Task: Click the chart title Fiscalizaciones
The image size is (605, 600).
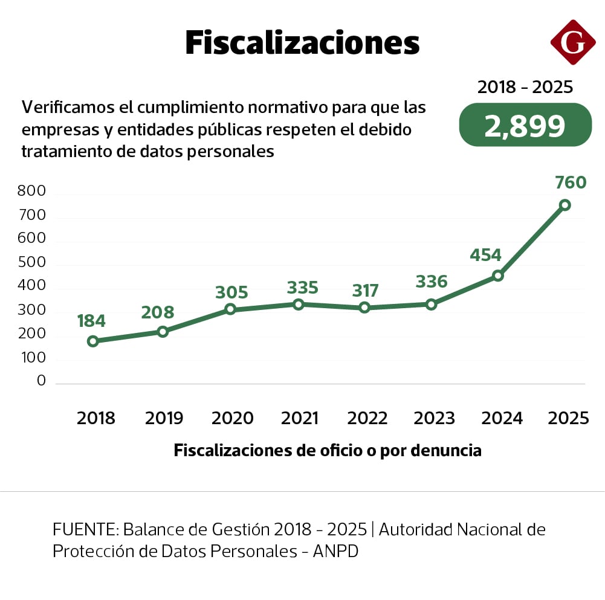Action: [302, 44]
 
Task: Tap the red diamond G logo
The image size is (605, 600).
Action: [573, 42]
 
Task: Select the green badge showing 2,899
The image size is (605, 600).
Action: [525, 125]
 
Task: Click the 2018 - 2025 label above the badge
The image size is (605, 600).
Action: [525, 88]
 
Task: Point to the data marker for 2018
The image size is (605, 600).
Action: [92, 341]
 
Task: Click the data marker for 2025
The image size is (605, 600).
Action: [565, 205]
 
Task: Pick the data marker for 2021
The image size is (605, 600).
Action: [299, 304]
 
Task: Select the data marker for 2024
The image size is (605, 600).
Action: [498, 276]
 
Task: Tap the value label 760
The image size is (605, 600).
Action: [569, 182]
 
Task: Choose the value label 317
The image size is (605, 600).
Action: [365, 291]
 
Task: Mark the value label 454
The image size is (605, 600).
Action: [485, 255]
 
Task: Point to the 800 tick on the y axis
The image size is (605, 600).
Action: [33, 192]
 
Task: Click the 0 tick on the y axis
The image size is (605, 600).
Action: [41, 381]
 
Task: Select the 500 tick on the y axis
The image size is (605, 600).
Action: [33, 263]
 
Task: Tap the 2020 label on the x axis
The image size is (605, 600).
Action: [232, 418]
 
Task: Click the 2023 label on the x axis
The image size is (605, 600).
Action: [434, 418]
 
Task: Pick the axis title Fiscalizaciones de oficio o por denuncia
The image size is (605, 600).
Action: [328, 451]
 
